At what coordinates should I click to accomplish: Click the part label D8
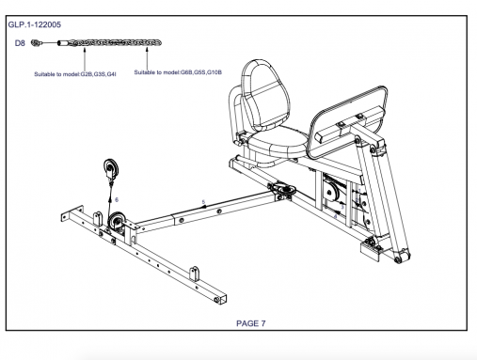[20, 43]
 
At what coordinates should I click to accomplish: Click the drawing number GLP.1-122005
[35, 24]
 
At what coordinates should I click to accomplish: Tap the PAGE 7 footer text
[251, 323]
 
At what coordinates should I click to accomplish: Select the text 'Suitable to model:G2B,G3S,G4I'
[75, 74]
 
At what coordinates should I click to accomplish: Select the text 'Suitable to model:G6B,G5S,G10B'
[178, 72]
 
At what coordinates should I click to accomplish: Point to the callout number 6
[117, 199]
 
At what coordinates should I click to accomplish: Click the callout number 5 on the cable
[203, 202]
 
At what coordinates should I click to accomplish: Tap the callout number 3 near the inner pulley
[342, 207]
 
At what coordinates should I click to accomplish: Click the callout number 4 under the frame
[336, 216]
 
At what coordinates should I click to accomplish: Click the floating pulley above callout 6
[111, 169]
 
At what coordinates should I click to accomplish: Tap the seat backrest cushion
[265, 94]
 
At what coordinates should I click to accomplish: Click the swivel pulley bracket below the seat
[285, 190]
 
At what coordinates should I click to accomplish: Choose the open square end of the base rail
[221, 300]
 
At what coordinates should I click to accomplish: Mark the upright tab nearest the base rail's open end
[195, 274]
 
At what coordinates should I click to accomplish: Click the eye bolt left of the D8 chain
[37, 43]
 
